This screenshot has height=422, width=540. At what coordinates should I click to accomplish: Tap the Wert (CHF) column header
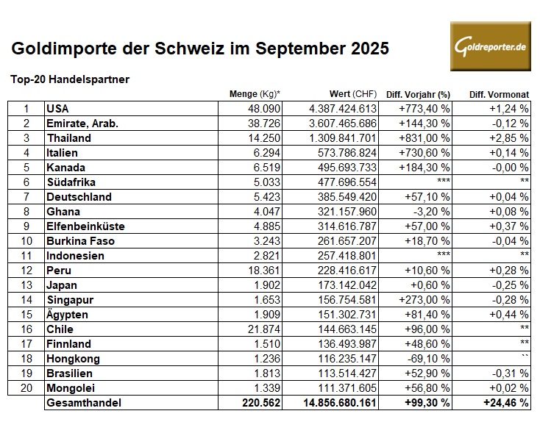[353, 93]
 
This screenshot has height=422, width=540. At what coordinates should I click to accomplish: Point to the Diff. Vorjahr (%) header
[418, 93]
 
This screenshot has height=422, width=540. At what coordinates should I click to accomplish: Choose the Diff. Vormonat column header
[499, 93]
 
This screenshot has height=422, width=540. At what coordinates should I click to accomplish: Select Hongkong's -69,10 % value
[430, 358]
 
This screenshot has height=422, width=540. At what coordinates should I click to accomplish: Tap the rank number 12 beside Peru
[26, 270]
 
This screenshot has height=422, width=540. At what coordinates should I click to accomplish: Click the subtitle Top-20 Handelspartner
[71, 79]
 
